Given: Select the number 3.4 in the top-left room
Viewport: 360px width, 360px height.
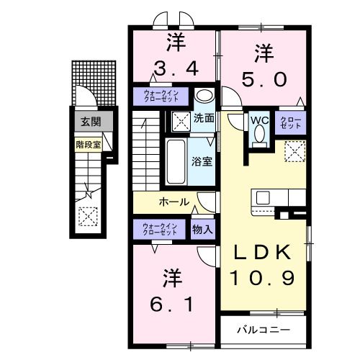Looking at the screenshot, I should click(x=174, y=70).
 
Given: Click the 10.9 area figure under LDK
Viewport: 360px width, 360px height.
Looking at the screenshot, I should click(x=261, y=277).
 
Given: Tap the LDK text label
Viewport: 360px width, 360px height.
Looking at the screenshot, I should click(x=261, y=251).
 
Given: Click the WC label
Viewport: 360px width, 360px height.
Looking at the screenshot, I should click(x=259, y=121).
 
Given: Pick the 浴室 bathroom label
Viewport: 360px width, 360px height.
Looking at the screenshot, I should click(x=201, y=161).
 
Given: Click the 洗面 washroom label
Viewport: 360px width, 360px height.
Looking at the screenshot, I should click(x=204, y=119).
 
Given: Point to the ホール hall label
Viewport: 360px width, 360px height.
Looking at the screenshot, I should click(x=174, y=202).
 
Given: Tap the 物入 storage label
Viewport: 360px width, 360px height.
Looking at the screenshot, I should click(x=202, y=230).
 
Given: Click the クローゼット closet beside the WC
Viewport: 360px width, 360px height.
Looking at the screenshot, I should click(x=291, y=124).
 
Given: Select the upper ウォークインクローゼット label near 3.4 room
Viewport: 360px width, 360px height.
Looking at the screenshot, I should click(x=161, y=96).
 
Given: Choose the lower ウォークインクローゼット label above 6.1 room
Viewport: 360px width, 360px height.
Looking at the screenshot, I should click(x=160, y=229).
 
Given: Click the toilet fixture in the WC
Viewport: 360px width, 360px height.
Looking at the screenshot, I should click(x=259, y=135).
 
